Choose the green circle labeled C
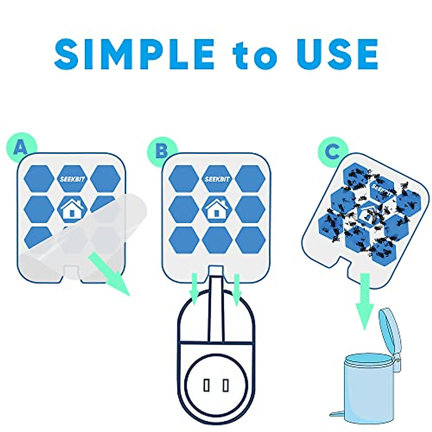[332, 152]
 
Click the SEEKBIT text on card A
[72, 179]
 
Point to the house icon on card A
[72, 209]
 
